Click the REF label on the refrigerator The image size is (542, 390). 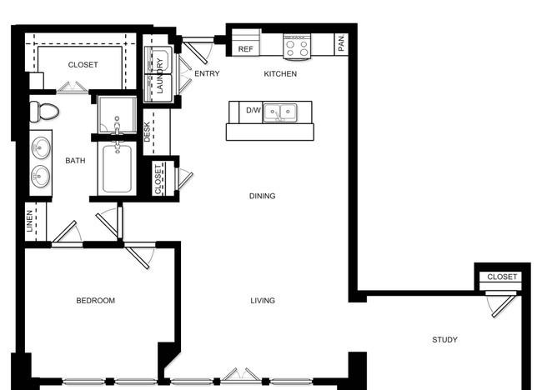pos(245,49)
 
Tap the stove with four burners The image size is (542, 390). pos(297,47)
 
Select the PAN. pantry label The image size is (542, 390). pos(341,42)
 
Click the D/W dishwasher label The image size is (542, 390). pos(253,110)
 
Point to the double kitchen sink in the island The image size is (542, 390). pos(280,112)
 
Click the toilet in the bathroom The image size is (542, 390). pos(44,112)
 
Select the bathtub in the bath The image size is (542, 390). pos(118,168)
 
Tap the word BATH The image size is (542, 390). pos(75,161)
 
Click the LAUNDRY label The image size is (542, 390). pos(160,76)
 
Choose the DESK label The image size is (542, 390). pos(147,132)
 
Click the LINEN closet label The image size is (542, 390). pos(30,221)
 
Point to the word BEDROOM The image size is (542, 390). pos(96,301)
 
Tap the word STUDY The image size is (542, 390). pos(445,340)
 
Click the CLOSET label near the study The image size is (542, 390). pos(502,277)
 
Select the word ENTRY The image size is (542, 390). pos(207,73)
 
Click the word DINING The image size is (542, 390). pos(263,196)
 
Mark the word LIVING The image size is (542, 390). pos(263,301)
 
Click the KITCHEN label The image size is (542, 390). pos(280,74)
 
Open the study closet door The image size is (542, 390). pos(504,305)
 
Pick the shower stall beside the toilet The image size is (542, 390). pos(118,115)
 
